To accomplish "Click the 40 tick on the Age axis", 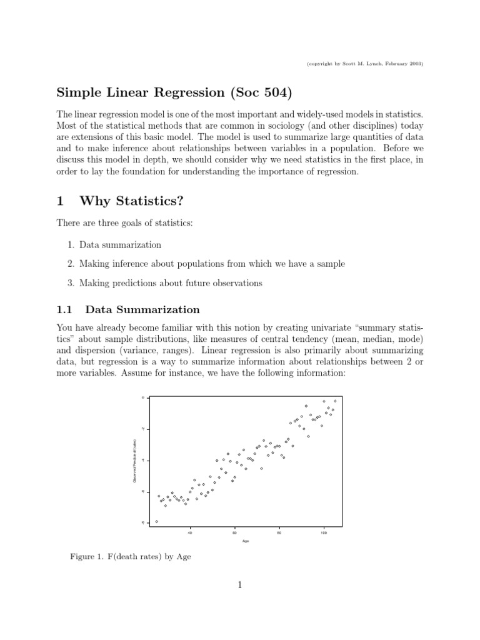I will pos(190,528).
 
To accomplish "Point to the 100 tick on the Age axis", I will pos(324,528).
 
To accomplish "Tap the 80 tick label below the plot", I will pos(279,533).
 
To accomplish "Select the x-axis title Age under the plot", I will pos(246,541).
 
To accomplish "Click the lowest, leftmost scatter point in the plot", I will pos(156,521).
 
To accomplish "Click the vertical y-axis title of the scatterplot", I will pos(134,460).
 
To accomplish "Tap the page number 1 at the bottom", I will pos(239,585).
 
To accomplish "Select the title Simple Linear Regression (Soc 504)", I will pos(174,93).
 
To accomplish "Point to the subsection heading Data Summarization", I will pos(142,309).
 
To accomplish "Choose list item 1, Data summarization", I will pos(120,244).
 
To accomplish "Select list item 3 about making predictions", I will pos(171,283).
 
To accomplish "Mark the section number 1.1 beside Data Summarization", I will pos(65,309).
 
